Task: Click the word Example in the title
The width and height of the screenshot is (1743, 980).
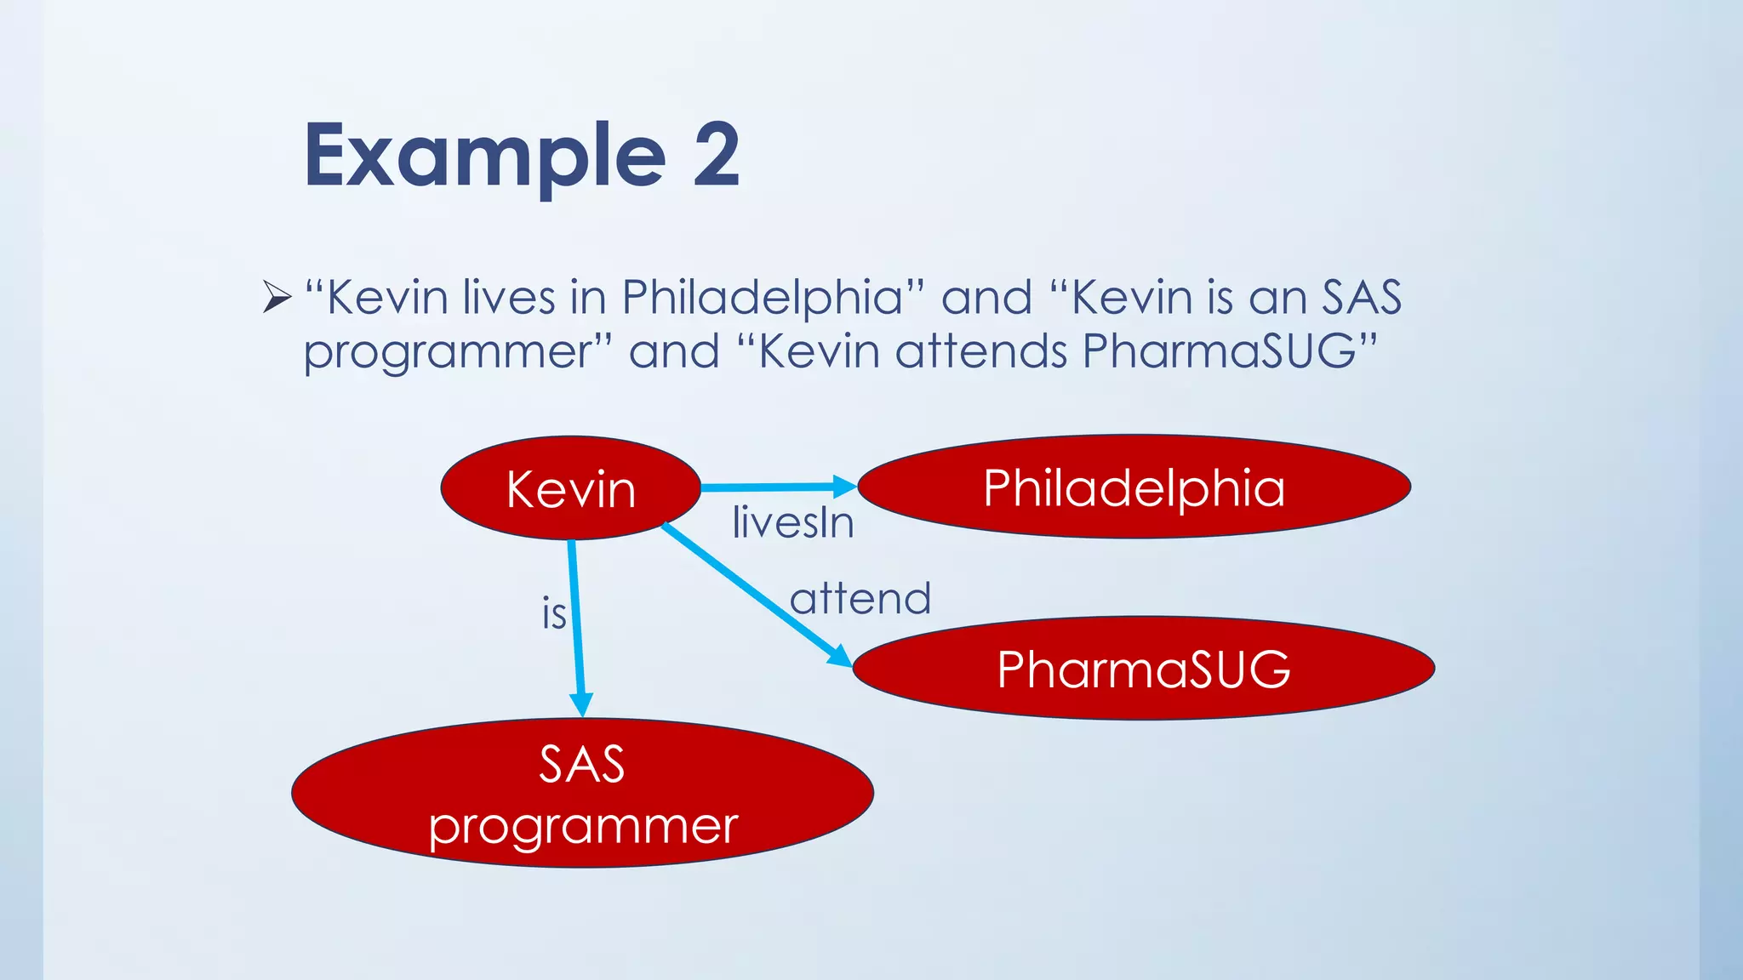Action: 485,156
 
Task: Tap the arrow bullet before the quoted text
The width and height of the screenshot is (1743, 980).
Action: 277,297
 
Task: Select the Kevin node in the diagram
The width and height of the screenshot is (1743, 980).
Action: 570,488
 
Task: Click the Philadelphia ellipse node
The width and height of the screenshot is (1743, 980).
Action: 1134,487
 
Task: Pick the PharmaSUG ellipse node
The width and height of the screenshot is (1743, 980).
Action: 1143,669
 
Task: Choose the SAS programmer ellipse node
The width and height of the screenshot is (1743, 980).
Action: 582,793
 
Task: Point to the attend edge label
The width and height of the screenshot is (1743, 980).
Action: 860,598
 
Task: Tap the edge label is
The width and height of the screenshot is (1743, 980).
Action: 553,613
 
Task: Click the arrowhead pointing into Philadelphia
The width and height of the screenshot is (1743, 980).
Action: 845,487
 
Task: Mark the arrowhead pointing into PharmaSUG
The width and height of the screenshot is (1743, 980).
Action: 840,656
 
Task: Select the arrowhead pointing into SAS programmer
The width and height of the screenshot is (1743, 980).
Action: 580,705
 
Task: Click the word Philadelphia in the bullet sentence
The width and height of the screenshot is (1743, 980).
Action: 762,297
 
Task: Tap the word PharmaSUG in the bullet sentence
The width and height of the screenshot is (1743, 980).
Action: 1219,350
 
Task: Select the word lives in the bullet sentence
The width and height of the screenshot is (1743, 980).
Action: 508,297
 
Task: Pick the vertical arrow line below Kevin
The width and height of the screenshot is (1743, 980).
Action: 575,621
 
